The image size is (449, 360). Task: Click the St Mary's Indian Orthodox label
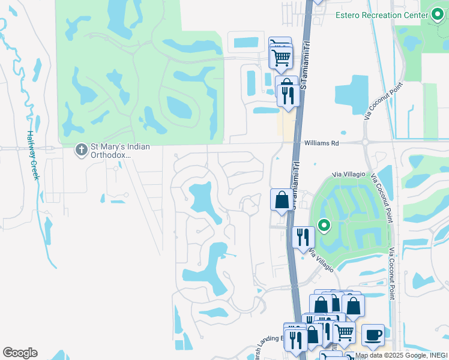click(120, 151)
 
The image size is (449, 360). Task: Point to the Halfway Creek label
click(32, 155)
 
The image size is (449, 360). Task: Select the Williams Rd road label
click(322, 143)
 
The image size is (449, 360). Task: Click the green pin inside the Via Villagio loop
click(325, 226)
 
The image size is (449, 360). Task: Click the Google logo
click(20, 353)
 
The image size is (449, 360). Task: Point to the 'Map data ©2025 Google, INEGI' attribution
click(401, 356)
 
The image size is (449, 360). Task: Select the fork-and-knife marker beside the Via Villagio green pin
click(303, 237)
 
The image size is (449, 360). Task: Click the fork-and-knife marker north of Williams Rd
click(289, 96)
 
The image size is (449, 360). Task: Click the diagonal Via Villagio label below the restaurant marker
click(322, 262)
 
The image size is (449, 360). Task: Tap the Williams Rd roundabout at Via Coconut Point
click(366, 143)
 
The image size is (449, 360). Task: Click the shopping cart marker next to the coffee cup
click(344, 332)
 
